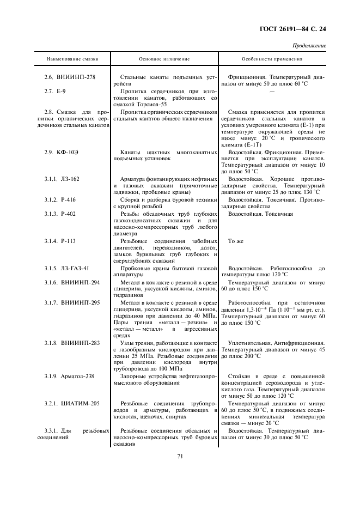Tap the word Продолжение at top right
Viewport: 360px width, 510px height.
(x=309, y=46)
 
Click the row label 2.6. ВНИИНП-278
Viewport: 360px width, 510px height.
(x=70, y=77)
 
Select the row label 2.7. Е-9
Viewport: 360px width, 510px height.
(x=55, y=91)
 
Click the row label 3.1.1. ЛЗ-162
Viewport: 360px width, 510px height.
(x=62, y=179)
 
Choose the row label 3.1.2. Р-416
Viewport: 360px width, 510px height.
(x=60, y=199)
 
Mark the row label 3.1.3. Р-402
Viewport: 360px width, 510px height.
(x=60, y=214)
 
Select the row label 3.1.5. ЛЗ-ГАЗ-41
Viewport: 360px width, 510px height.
(x=67, y=268)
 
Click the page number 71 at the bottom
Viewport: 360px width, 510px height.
(x=179, y=457)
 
